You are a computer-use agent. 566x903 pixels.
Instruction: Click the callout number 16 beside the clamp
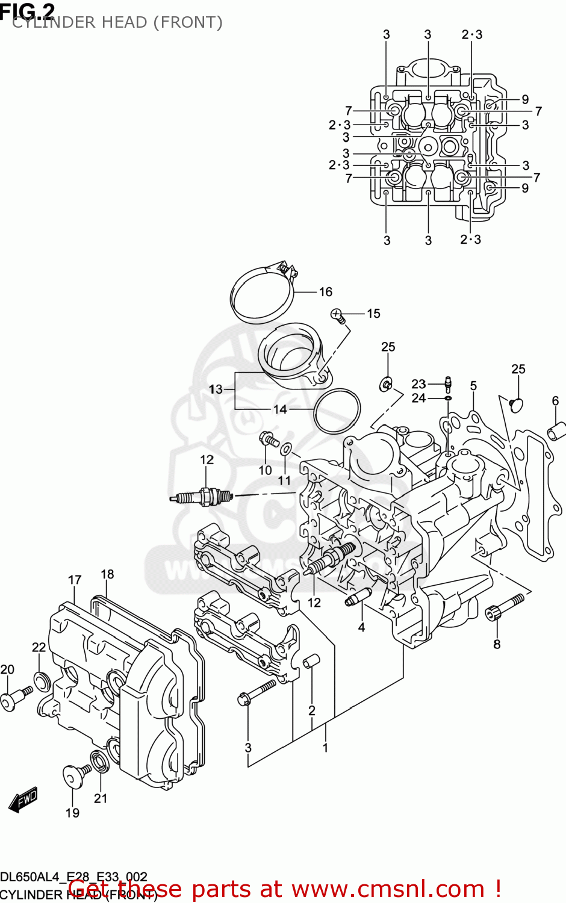[x=325, y=292]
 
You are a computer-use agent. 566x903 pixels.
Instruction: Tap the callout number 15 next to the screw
[x=373, y=314]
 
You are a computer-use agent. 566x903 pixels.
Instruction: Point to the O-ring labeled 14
[x=337, y=411]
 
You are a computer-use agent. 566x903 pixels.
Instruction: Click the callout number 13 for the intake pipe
[x=216, y=389]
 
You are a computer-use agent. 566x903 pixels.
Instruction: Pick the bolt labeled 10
[x=267, y=439]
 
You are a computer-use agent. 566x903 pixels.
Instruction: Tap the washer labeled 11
[x=287, y=448]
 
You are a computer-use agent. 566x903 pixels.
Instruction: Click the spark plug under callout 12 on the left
[x=202, y=497]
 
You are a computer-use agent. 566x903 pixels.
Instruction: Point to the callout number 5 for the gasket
[x=473, y=386]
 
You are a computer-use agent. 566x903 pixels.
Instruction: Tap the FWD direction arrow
[x=23, y=800]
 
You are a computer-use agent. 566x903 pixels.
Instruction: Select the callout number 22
[x=39, y=647]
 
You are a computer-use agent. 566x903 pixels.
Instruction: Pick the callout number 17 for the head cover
[x=75, y=580]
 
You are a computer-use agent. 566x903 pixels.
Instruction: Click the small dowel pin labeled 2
[x=311, y=663]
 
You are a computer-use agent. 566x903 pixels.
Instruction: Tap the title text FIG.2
[x=28, y=10]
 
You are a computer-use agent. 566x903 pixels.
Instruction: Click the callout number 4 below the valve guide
[x=361, y=627]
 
